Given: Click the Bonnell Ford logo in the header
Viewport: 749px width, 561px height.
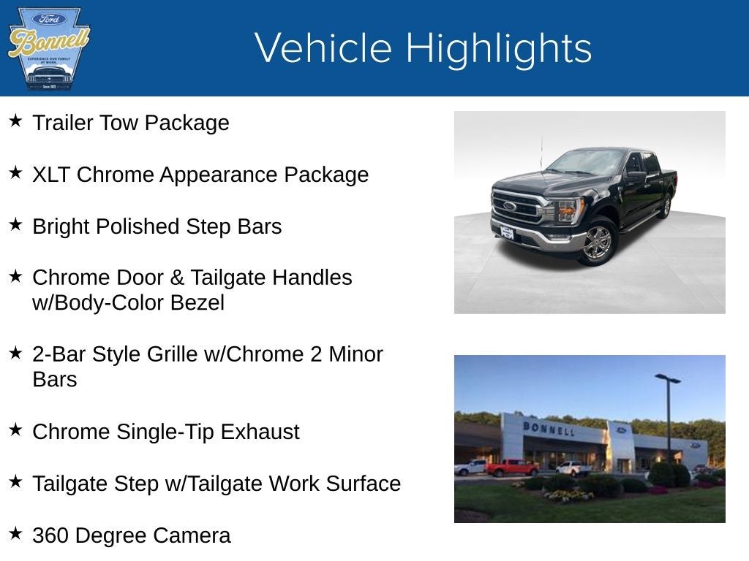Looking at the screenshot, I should [x=48, y=48].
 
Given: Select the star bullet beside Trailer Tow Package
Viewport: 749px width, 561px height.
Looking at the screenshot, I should [x=15, y=121].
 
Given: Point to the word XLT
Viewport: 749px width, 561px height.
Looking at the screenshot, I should [x=52, y=175].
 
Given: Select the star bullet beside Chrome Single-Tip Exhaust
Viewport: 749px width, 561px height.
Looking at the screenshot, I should [x=15, y=430].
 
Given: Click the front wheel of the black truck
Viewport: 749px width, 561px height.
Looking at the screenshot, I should [x=597, y=242].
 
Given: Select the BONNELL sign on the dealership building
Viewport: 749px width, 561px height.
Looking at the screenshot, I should [x=549, y=428].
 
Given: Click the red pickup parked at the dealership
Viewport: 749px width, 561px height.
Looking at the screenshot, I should [x=512, y=467].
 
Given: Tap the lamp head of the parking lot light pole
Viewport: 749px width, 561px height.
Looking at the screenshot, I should [x=667, y=378].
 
